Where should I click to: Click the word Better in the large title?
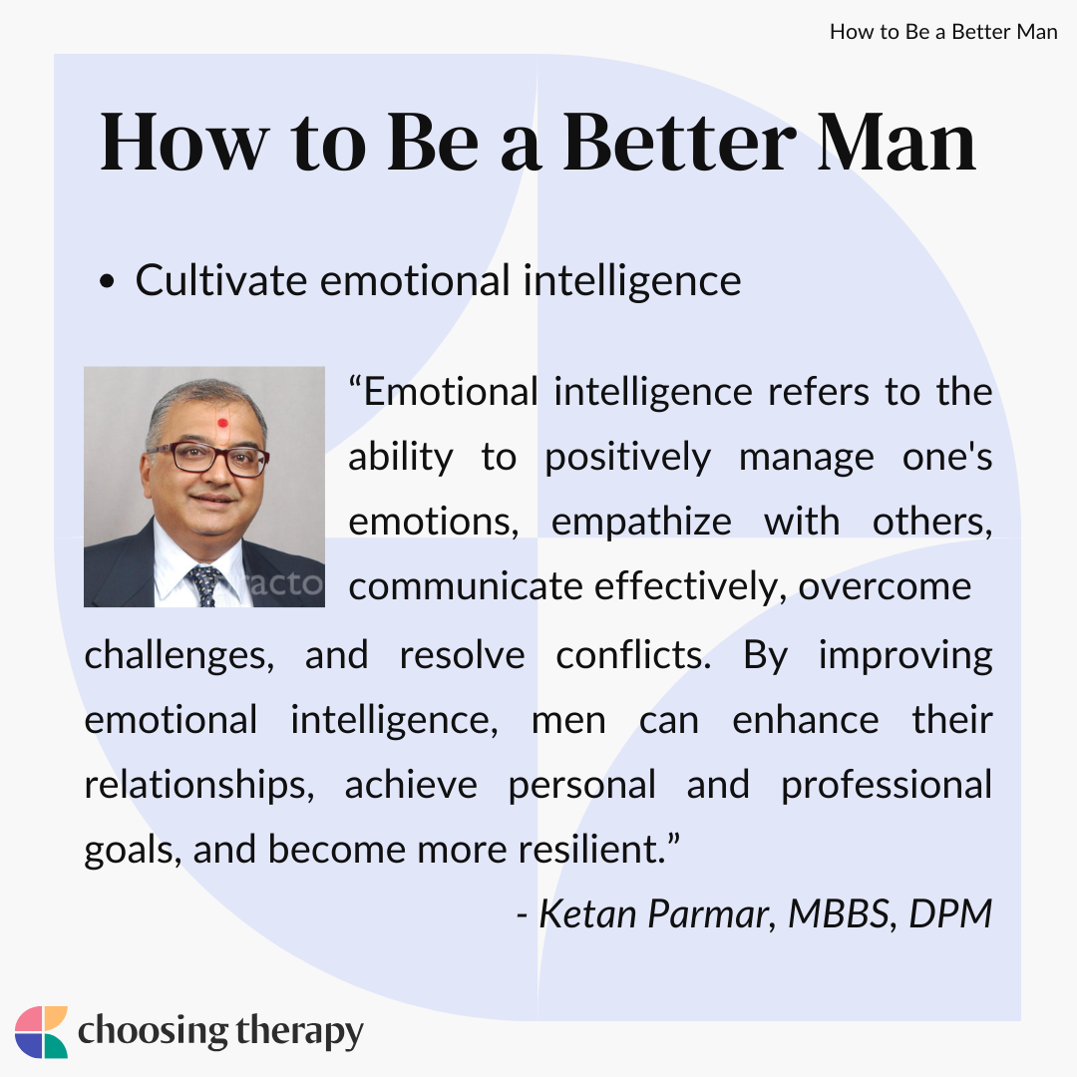(x=679, y=142)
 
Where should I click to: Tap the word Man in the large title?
(x=897, y=142)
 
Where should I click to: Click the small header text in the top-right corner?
(x=943, y=32)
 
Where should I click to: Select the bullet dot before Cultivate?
(x=107, y=281)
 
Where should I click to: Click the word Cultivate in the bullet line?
(x=220, y=280)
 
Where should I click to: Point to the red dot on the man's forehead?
(x=222, y=423)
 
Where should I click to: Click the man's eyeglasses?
(x=208, y=458)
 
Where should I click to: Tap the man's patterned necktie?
(x=205, y=585)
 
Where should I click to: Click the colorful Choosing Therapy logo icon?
(x=41, y=1032)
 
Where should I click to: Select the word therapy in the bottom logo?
(x=299, y=1032)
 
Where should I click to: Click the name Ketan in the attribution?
(x=588, y=914)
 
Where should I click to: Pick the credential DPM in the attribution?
(x=950, y=914)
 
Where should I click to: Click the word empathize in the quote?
(x=641, y=523)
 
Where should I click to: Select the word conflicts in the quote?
(x=633, y=654)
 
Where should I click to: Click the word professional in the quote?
(x=887, y=786)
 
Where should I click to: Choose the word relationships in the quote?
(x=199, y=786)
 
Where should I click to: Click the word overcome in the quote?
(x=885, y=587)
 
